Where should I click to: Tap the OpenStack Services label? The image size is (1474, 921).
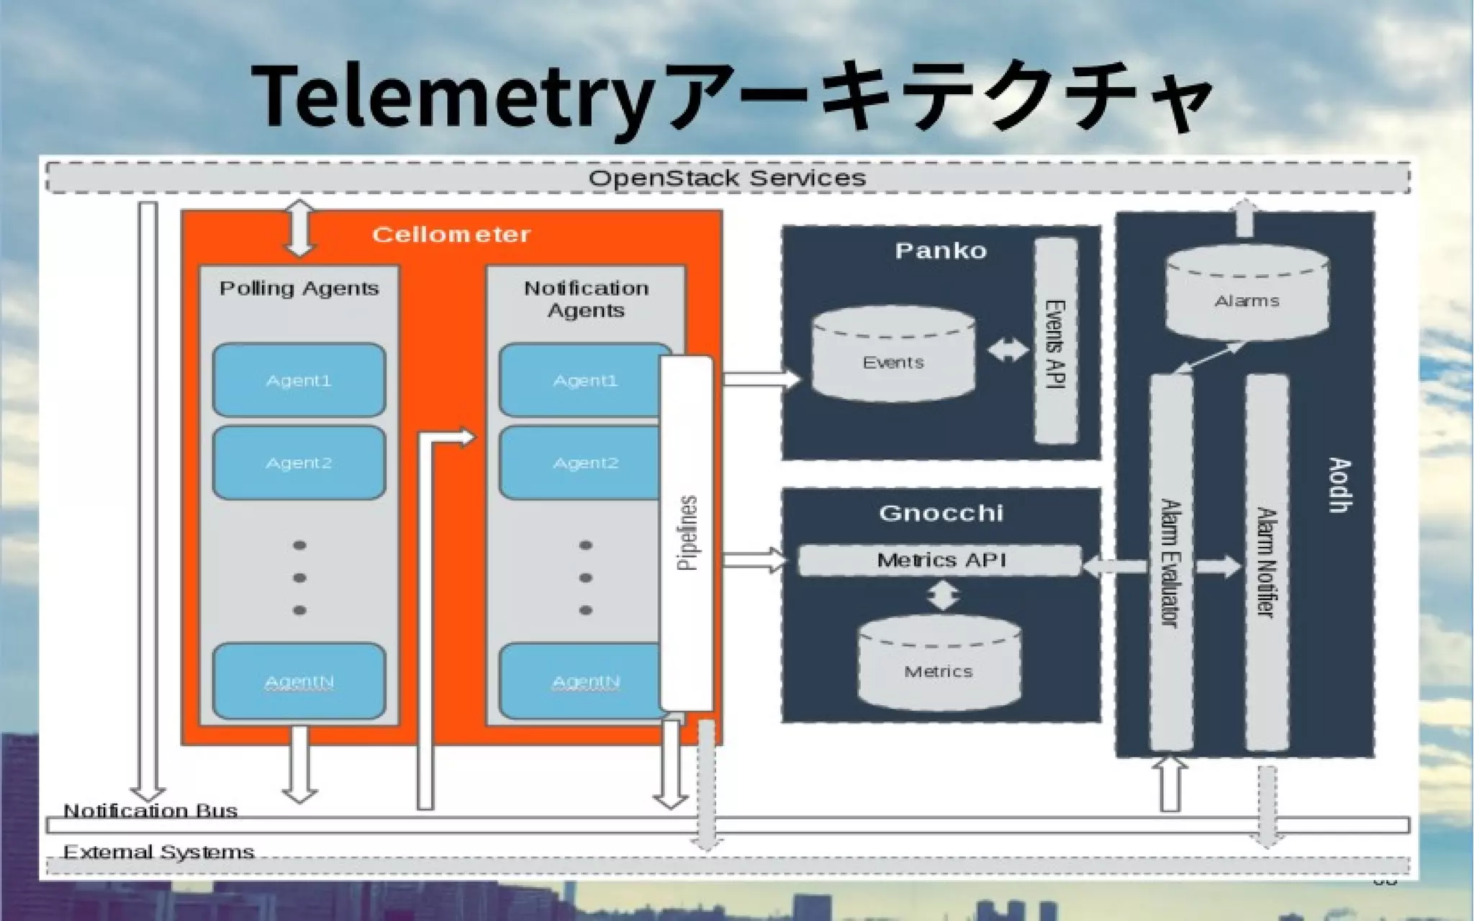pos(727,178)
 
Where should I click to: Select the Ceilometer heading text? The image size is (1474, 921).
pos(451,235)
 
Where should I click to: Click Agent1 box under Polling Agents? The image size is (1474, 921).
pos(299,380)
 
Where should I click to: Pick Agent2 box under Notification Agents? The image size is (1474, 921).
pos(580,463)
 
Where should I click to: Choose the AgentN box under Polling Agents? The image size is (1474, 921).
pos(299,681)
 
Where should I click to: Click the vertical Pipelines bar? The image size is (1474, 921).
pos(687,532)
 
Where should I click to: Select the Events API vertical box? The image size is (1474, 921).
pos(1056,342)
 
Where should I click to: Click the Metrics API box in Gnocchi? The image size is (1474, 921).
pos(940,560)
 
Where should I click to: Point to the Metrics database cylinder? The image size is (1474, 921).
pos(939,666)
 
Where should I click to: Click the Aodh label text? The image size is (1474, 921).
pos(1339,485)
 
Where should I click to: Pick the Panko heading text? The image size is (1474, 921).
pos(940,251)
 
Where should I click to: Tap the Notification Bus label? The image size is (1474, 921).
pos(150,811)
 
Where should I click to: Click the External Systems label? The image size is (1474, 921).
pos(158,853)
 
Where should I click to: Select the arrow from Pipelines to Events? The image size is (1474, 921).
pos(761,378)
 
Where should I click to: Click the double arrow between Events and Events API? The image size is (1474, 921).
pos(1008,350)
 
